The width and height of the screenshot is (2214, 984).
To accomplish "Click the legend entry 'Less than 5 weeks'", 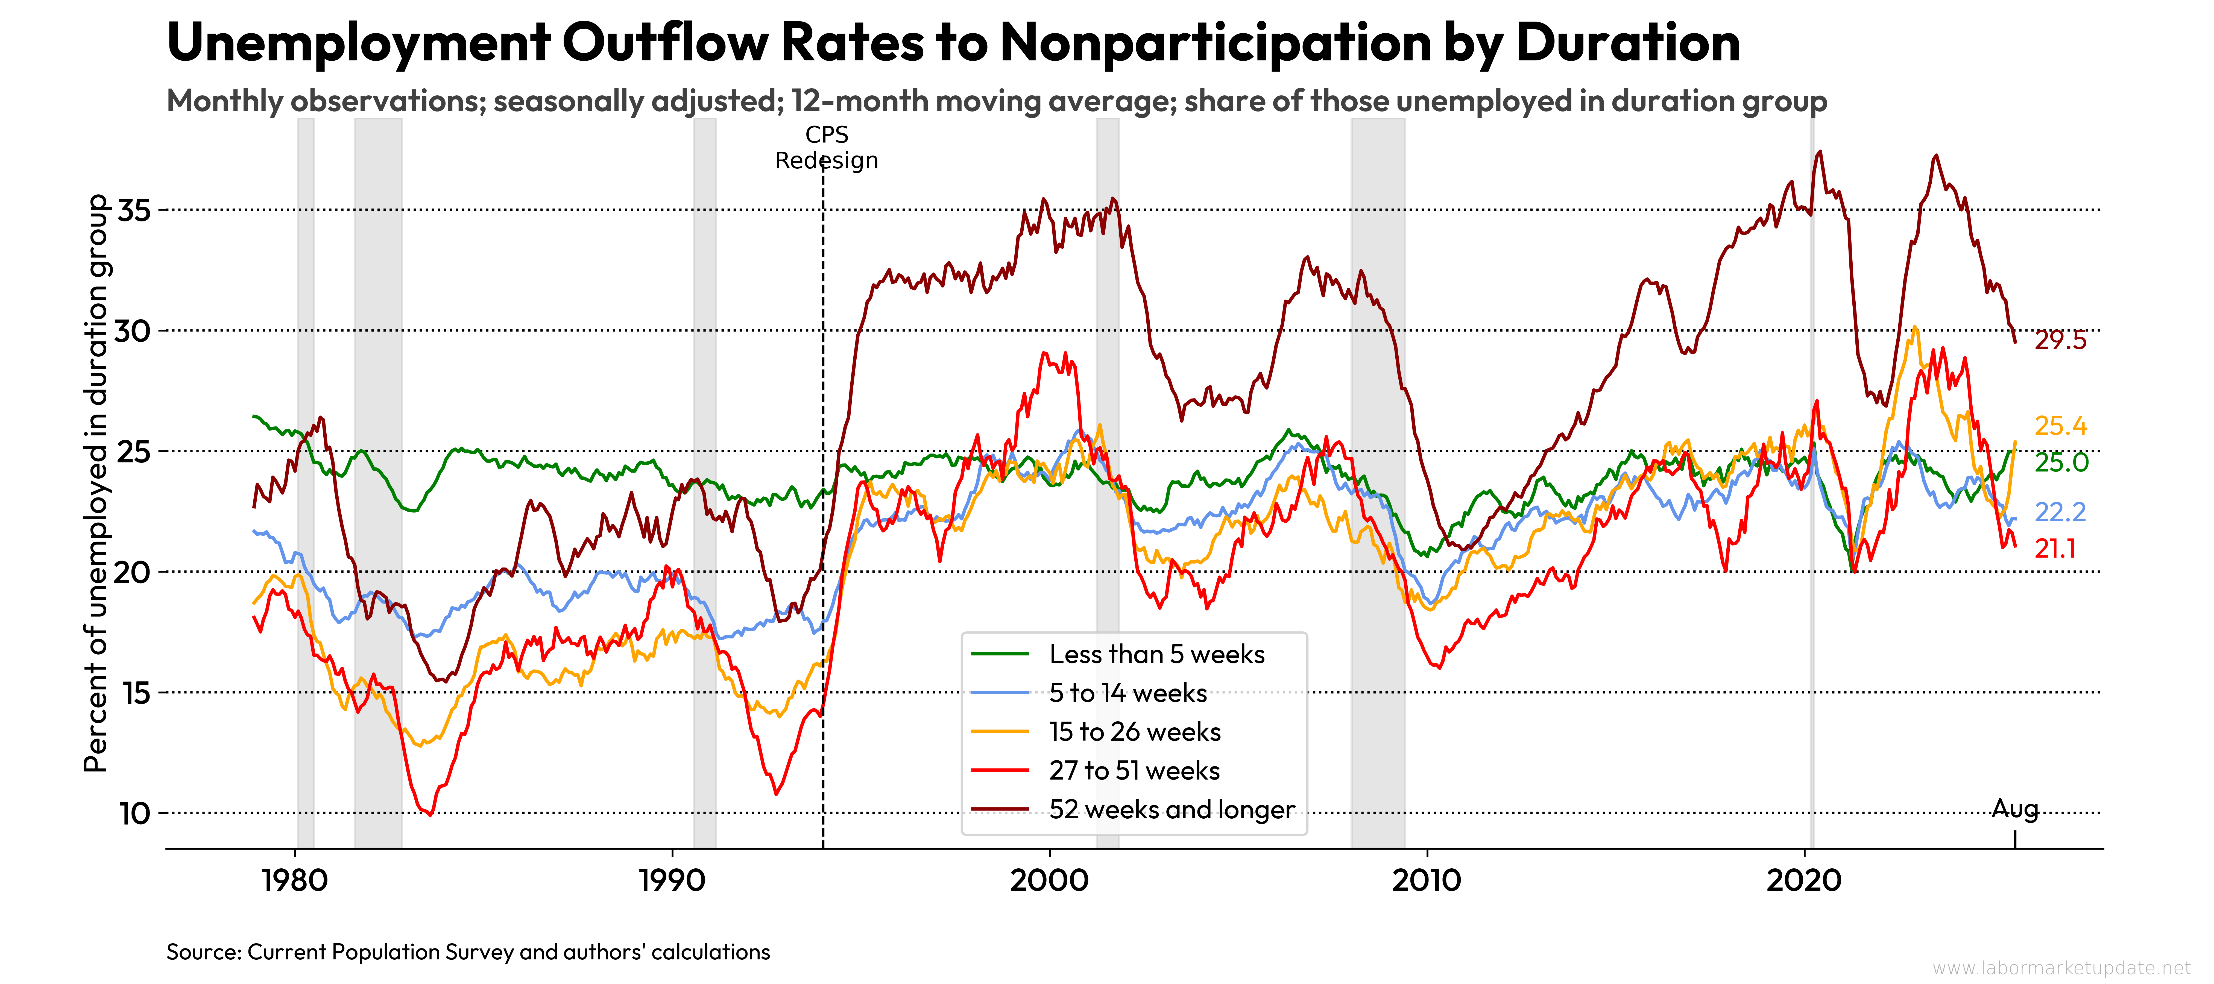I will point(1156,654).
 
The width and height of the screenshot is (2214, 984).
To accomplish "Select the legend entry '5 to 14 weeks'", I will point(1127,693).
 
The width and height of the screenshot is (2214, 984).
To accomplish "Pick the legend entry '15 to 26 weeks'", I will point(1135,731).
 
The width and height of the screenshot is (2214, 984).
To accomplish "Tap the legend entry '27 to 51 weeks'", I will point(1134,770).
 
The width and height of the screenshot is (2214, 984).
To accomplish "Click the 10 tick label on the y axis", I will point(134,813).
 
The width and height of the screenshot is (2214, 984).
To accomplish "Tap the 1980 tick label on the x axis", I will point(295,880).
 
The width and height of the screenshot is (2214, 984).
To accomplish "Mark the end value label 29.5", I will point(2060,340).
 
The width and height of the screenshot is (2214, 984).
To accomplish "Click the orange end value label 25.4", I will point(2060,425).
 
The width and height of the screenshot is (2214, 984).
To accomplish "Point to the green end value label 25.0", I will point(2060,462).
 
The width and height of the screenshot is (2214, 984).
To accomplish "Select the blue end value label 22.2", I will point(2060,512).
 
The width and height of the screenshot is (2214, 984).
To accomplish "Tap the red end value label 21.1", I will point(2055,548).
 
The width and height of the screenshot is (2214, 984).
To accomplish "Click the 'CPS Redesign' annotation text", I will point(826,148).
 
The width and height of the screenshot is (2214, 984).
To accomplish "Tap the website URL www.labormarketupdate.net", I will point(2061,968).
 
